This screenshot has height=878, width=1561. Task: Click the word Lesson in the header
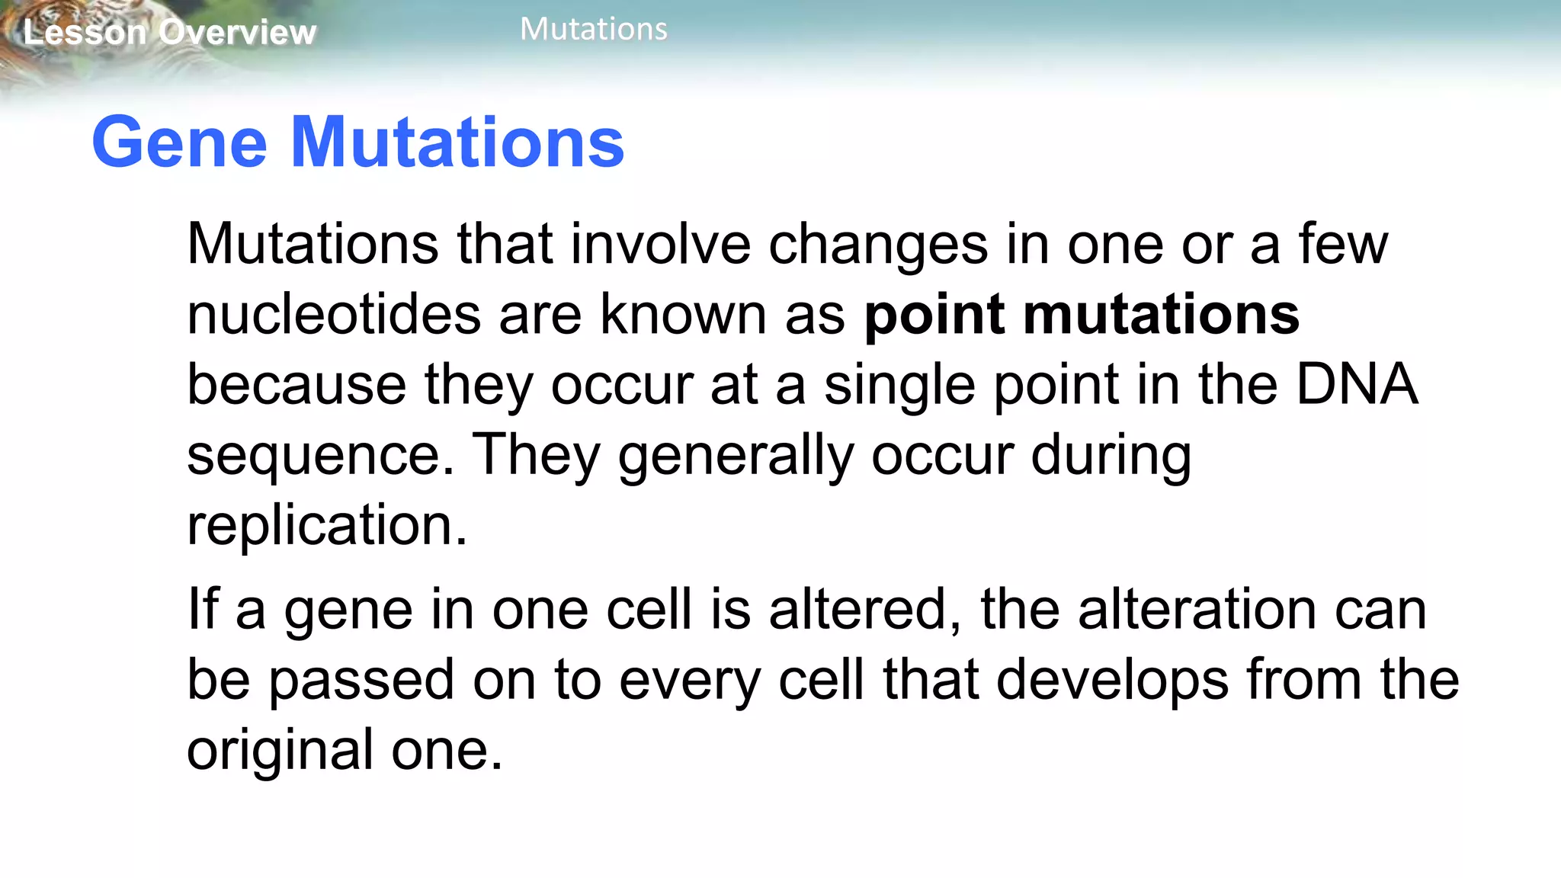point(84,33)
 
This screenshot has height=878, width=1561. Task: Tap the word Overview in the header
point(238,33)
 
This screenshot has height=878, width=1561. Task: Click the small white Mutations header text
point(593,30)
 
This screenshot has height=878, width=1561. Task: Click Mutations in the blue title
point(457,143)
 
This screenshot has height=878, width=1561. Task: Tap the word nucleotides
point(334,315)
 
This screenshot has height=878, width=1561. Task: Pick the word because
point(296,385)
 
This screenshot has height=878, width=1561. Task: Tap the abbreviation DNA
point(1357,385)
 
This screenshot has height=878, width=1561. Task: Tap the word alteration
point(1197,610)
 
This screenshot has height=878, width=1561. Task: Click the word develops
point(1112,681)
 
